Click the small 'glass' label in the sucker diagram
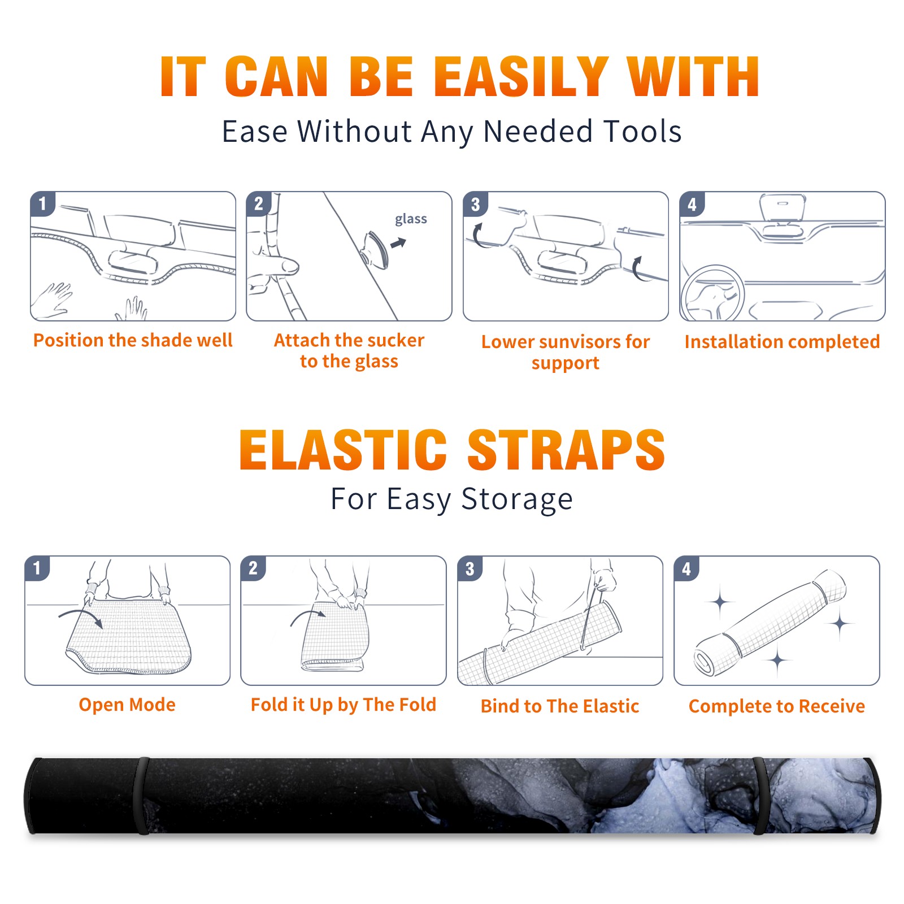[411, 219]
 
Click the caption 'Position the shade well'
[133, 340]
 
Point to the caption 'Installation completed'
[782, 341]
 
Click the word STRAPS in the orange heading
[566, 450]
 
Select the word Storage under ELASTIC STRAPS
[517, 499]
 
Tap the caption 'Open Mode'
[127, 705]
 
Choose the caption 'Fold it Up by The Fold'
[344, 705]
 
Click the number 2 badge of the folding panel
[253, 568]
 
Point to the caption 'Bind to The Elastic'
[560, 706]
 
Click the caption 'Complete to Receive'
[777, 706]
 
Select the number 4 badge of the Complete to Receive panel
[686, 568]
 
